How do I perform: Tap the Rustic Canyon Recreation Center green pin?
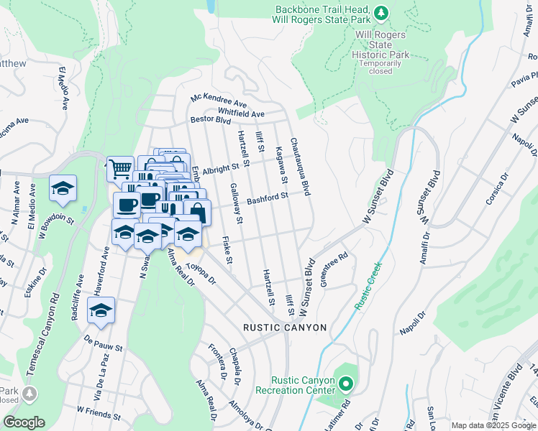(x=345, y=384)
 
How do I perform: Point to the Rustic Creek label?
(x=369, y=286)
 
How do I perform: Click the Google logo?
(x=24, y=422)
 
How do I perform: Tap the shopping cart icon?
(x=120, y=169)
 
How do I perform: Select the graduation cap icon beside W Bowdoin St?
(x=63, y=189)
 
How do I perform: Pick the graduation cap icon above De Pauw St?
(x=101, y=310)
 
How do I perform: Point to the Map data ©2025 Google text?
(x=493, y=425)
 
